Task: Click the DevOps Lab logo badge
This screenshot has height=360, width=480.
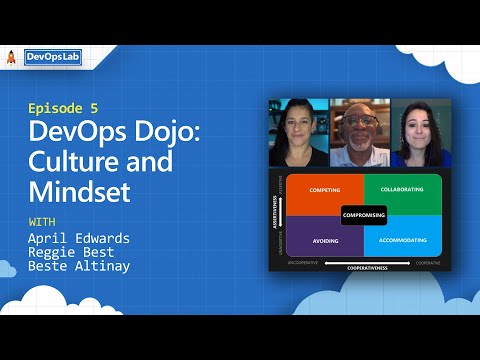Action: pyautogui.click(x=51, y=58)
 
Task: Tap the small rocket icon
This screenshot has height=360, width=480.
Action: pyautogui.click(x=11, y=58)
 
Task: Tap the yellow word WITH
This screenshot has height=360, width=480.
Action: pyautogui.click(x=41, y=221)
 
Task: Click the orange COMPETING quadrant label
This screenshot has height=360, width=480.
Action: pyautogui.click(x=325, y=190)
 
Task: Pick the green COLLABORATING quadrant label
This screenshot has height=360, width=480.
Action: pyautogui.click(x=403, y=190)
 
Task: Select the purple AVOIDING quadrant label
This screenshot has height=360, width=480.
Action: pyautogui.click(x=325, y=241)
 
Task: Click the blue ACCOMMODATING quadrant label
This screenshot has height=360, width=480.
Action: pyautogui.click(x=403, y=241)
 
